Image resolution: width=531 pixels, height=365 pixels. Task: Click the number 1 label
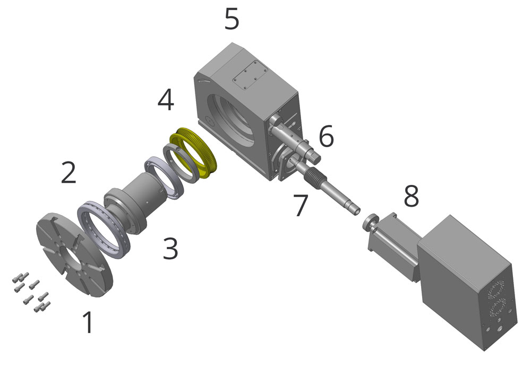click(88, 322)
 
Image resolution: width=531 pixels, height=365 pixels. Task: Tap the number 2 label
click(68, 173)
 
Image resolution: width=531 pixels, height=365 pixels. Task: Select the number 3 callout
click(170, 249)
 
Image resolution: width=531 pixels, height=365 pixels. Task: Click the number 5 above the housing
click(232, 19)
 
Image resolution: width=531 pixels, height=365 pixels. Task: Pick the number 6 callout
click(326, 135)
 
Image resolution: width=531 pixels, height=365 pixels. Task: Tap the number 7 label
click(301, 205)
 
